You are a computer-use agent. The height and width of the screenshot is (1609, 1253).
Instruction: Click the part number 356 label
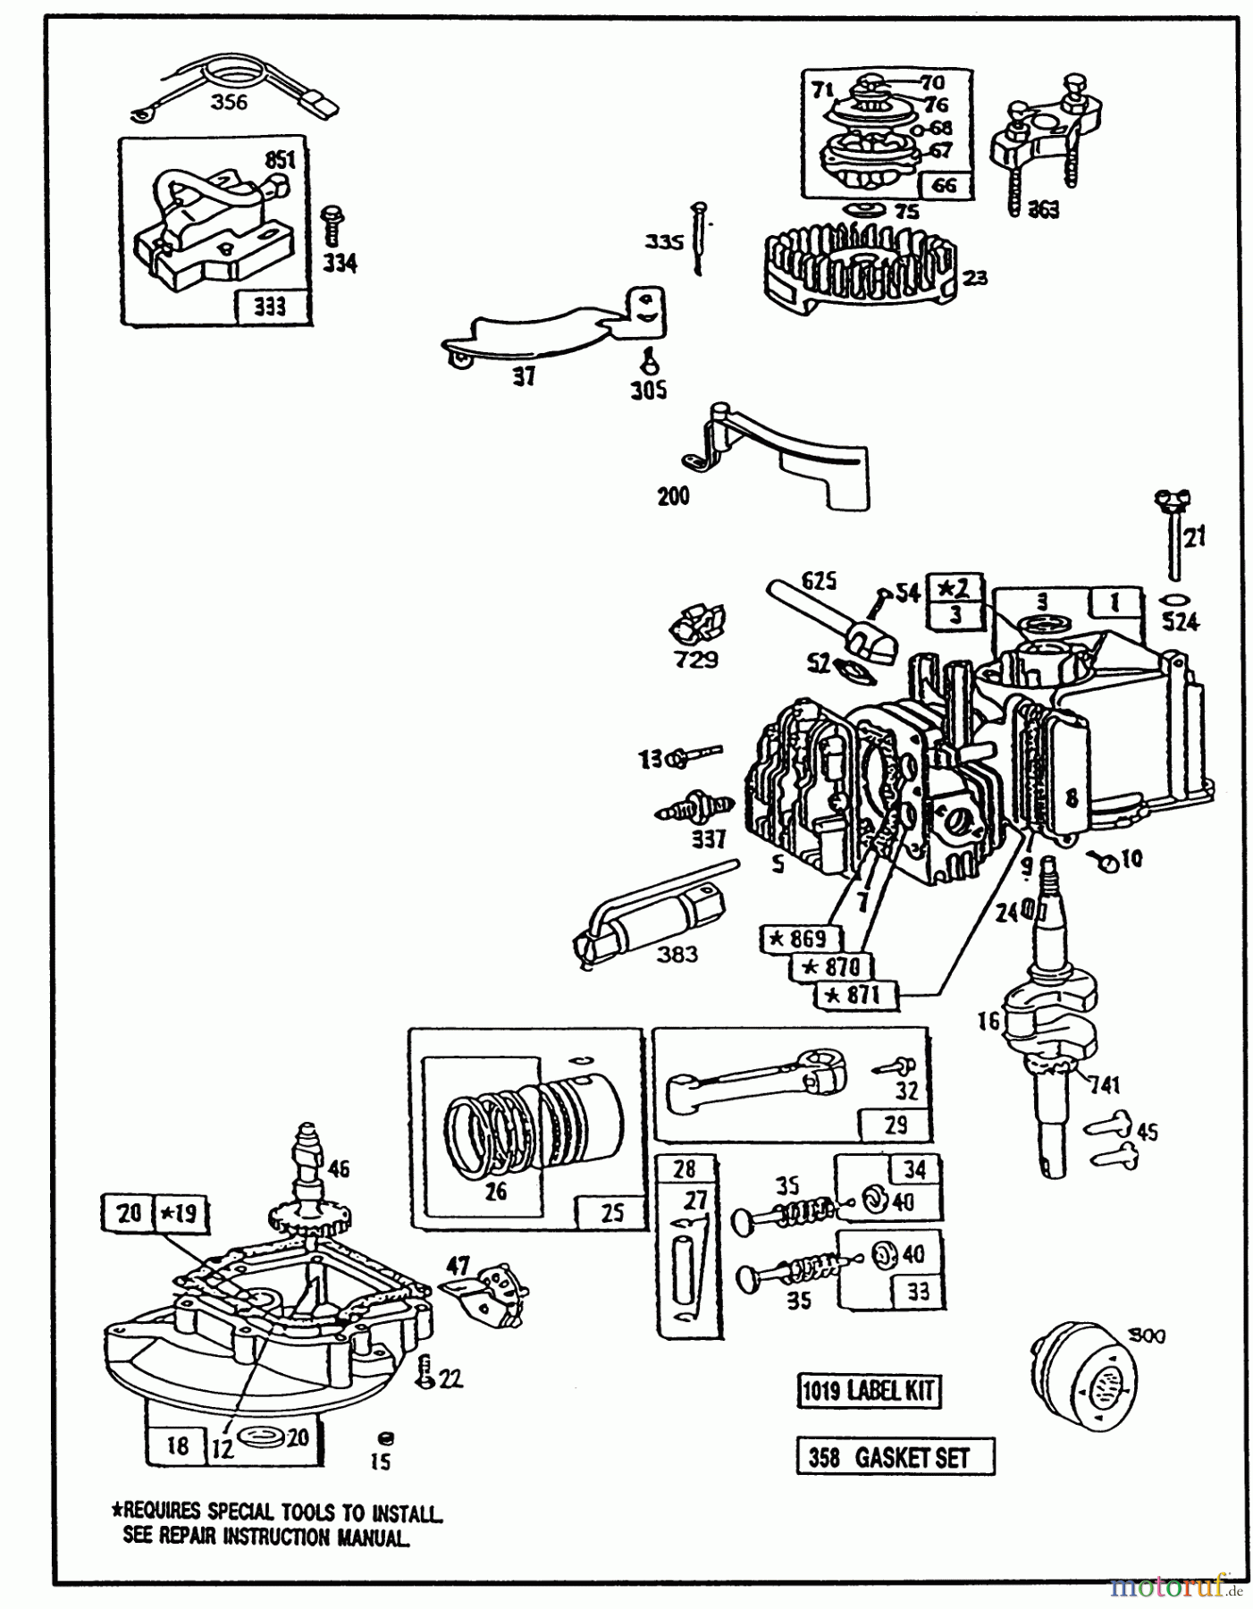[x=229, y=102]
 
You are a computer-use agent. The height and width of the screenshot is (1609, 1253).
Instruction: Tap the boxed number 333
[x=270, y=307]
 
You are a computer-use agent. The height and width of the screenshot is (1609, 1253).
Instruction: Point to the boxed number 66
[x=944, y=184]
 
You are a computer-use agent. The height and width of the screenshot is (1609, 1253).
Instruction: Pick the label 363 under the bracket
[x=1043, y=209]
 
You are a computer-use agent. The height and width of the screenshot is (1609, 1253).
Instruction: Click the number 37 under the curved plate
[x=524, y=377]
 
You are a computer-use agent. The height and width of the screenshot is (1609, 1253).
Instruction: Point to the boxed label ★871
[x=855, y=995]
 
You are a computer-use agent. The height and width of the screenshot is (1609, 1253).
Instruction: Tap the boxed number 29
[x=896, y=1124]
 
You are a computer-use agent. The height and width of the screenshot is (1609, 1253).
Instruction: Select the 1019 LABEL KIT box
[x=868, y=1391]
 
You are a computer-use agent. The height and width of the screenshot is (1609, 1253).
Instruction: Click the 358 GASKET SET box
[x=895, y=1457]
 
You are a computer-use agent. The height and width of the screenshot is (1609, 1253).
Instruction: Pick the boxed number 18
[x=178, y=1445]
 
